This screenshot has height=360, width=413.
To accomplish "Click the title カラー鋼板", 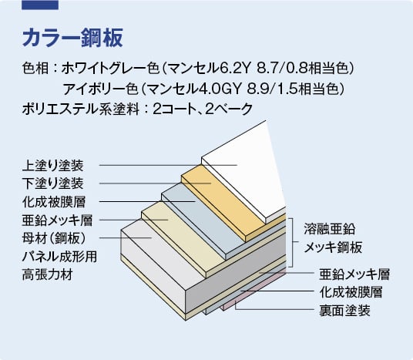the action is (x=72, y=38).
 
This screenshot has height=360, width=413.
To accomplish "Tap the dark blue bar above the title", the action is (x=40, y=5).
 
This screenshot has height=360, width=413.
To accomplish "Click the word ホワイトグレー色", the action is (x=111, y=69).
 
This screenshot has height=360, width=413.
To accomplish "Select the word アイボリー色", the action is (x=100, y=89).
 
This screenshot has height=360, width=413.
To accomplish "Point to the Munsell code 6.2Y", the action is (x=234, y=69).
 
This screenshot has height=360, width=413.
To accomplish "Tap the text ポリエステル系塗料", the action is (x=81, y=109).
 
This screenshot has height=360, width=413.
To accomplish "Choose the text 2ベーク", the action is (x=229, y=109).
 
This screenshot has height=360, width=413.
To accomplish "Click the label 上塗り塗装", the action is (x=53, y=166).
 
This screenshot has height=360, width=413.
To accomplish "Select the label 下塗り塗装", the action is (x=53, y=183).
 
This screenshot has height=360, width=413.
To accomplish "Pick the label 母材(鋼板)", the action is (x=54, y=238).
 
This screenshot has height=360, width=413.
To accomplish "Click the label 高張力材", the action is (x=48, y=275).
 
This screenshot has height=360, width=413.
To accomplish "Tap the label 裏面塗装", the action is (x=344, y=311).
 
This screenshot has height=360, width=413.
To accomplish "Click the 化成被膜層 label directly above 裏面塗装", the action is (x=351, y=292).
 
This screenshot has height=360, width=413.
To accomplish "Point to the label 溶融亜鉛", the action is (x=330, y=229).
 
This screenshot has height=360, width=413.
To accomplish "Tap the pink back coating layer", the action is (x=254, y=290).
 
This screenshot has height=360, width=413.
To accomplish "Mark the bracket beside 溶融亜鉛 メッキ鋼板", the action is (x=291, y=243).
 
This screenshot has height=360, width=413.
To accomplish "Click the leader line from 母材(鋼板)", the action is (x=126, y=237).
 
